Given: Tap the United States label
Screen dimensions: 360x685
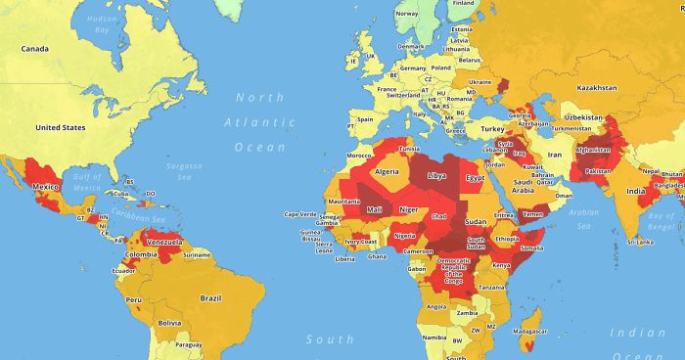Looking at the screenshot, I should coord(59,127).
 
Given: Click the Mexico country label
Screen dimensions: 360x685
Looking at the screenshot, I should coord(46,186).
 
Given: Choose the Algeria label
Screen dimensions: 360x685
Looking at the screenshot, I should coord(387,171).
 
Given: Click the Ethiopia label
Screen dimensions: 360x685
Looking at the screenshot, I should coord(506,238).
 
